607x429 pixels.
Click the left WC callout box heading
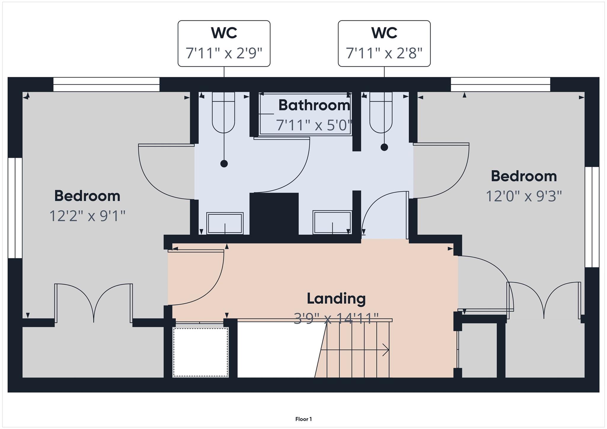[224, 33]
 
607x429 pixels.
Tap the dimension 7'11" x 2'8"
[384, 53]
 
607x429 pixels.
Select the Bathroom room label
[314, 105]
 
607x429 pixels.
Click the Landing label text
[336, 298]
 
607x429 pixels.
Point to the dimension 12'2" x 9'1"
[87, 216]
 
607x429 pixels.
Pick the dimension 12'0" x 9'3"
[524, 196]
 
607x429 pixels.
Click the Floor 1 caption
[303, 419]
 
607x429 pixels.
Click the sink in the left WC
[225, 223]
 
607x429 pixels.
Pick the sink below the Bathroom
[332, 222]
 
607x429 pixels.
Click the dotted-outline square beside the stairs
[201, 352]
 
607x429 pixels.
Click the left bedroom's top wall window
[106, 84]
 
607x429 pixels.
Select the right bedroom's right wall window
[592, 217]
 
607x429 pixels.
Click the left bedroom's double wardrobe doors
[94, 302]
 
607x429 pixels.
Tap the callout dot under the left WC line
[224, 164]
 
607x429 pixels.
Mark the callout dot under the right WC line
[384, 147]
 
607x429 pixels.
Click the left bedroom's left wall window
[15, 208]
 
